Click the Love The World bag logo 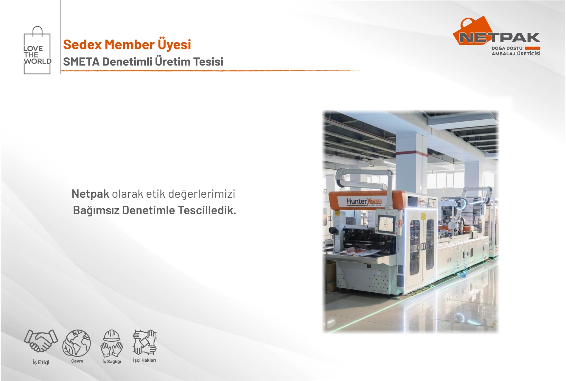[37, 50]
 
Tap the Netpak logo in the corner [497, 36]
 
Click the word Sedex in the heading [83, 44]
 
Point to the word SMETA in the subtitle [81, 62]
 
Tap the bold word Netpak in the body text [90, 194]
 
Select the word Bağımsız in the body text [96, 210]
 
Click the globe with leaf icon [77, 343]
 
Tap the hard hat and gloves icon [112, 343]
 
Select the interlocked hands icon [144, 342]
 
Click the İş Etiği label [41, 362]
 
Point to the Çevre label [77, 361]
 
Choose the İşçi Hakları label [144, 360]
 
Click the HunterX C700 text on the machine [364, 202]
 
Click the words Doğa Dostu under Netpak [507, 48]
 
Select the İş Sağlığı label [112, 362]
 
